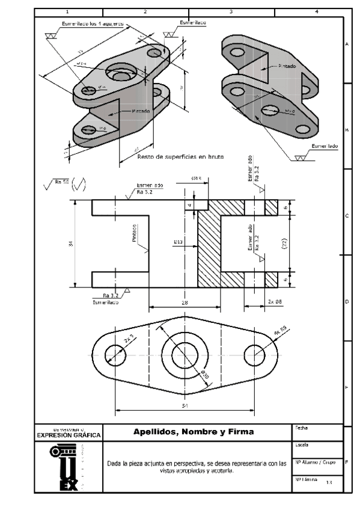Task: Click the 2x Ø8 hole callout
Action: (275, 303)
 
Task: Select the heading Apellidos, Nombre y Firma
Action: (194, 432)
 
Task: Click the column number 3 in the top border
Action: (231, 11)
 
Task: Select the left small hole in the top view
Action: (114, 353)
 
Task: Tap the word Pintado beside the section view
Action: (135, 235)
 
